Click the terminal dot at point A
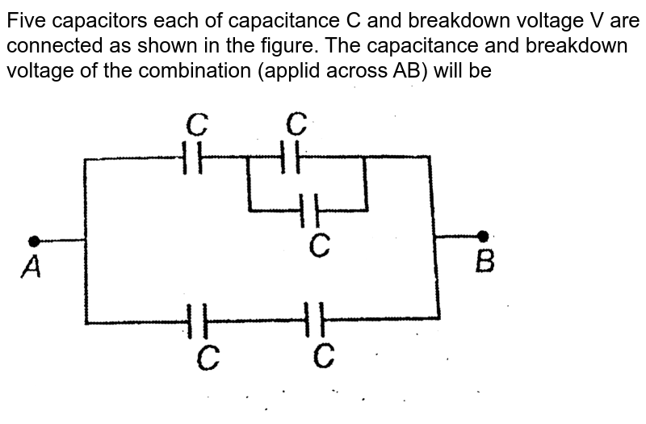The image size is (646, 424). (x=34, y=241)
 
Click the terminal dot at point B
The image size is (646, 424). (x=483, y=236)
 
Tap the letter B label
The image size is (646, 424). (x=484, y=261)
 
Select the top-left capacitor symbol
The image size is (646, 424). (x=193, y=158)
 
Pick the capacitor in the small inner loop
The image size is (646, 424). (x=309, y=211)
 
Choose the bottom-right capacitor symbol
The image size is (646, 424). (x=316, y=321)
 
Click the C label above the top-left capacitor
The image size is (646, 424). (x=197, y=124)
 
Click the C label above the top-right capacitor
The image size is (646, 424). (x=296, y=124)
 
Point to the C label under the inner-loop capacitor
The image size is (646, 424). (x=320, y=246)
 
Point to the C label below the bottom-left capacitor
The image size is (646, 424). (x=208, y=356)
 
